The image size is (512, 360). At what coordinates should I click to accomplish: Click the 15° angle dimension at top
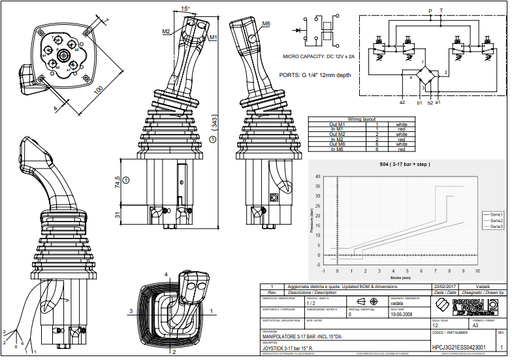point(185,9)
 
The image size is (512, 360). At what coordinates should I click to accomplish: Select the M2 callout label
point(166,31)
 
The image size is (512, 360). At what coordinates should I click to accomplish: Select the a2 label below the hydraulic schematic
point(402,103)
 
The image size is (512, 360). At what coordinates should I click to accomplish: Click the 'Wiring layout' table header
point(344,120)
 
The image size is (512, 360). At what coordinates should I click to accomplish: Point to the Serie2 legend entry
point(494,220)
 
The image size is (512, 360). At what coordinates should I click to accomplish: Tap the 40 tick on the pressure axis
point(317,176)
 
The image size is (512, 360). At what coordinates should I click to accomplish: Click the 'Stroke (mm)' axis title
point(400,276)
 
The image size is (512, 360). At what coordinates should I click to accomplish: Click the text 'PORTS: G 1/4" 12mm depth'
point(315,75)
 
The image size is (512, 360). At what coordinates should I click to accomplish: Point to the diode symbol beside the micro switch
point(302,30)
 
